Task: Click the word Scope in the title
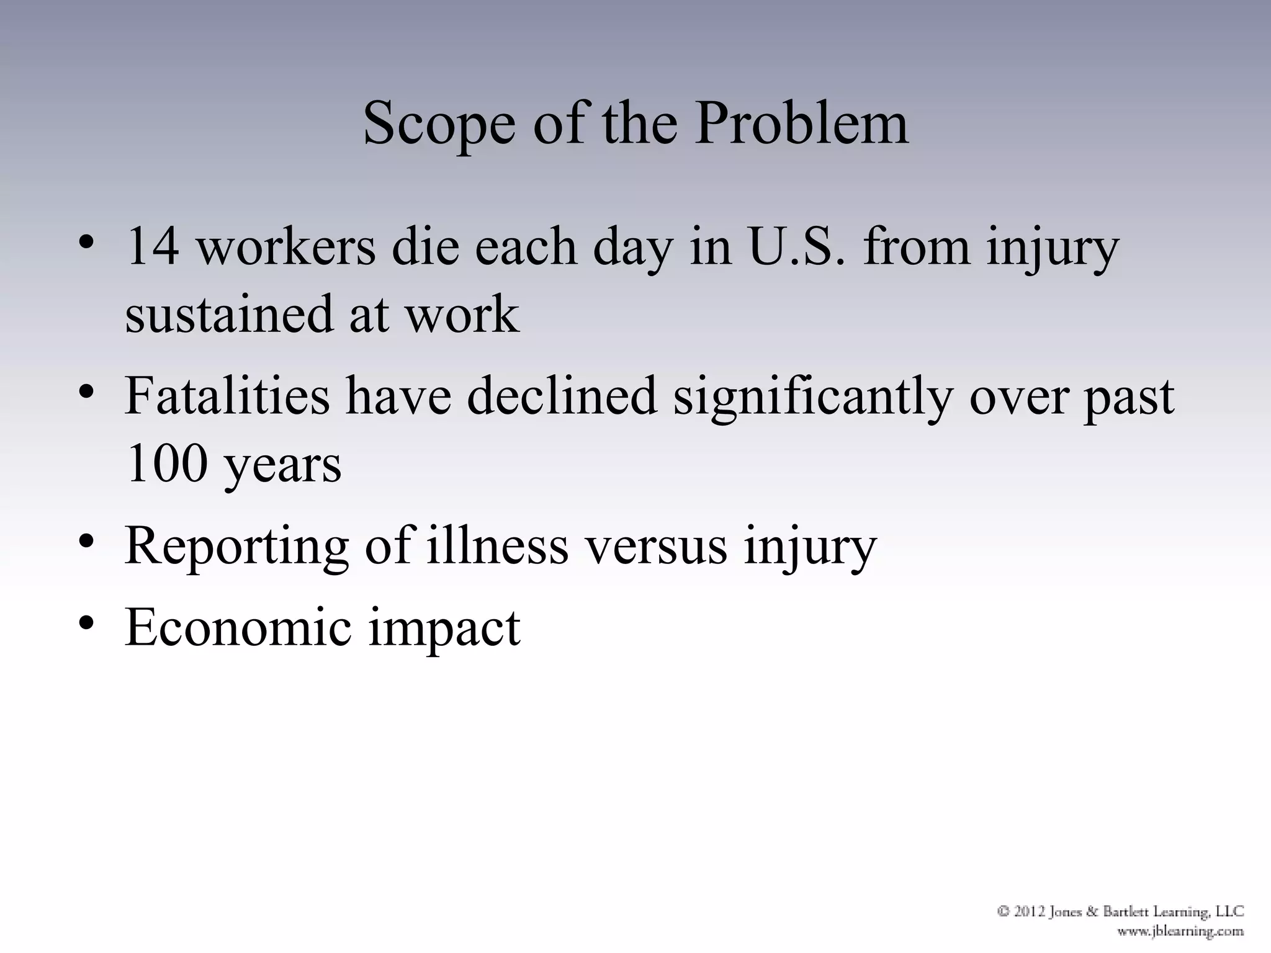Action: [x=439, y=124]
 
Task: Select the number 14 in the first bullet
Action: [x=153, y=246]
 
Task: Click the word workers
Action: [x=286, y=246]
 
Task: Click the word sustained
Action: [x=228, y=315]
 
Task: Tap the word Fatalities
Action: [x=227, y=396]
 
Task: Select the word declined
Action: [x=562, y=396]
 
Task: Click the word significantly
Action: [x=812, y=397]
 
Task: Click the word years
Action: [x=282, y=466]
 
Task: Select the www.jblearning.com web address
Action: [x=1180, y=931]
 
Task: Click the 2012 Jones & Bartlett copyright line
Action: [x=1120, y=911]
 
